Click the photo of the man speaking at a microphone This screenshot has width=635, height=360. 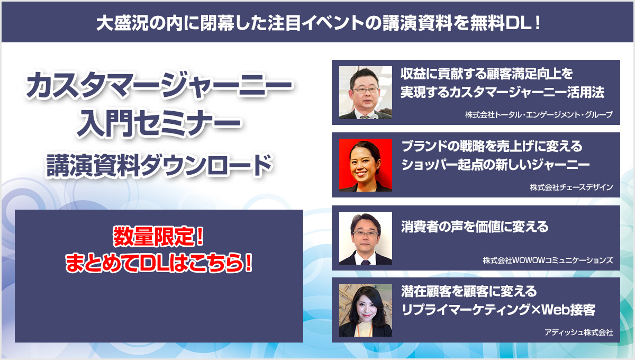click(x=366, y=93)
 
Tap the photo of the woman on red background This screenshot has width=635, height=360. click(x=366, y=165)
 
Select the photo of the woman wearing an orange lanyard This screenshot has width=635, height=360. click(x=366, y=310)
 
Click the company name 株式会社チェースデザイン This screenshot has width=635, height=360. click(x=571, y=187)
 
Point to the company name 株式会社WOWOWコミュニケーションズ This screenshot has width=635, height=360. click(x=548, y=260)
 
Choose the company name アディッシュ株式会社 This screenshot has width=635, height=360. click(x=578, y=332)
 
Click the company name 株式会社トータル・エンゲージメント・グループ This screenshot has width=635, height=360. click(x=539, y=114)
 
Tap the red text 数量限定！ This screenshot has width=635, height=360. click(x=158, y=236)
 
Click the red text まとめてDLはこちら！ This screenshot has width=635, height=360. click(x=159, y=263)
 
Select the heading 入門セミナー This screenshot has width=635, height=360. click(x=159, y=123)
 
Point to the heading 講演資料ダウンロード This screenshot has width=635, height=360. click(x=159, y=165)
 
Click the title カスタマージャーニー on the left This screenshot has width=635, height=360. click(x=159, y=85)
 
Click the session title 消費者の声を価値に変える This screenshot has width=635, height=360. click(x=475, y=227)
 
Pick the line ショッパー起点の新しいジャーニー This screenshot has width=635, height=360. click(x=495, y=165)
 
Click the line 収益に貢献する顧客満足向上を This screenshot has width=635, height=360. click(x=486, y=74)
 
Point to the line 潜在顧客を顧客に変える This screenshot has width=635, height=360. click(x=469, y=292)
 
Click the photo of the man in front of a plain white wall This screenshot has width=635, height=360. click(x=366, y=238)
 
